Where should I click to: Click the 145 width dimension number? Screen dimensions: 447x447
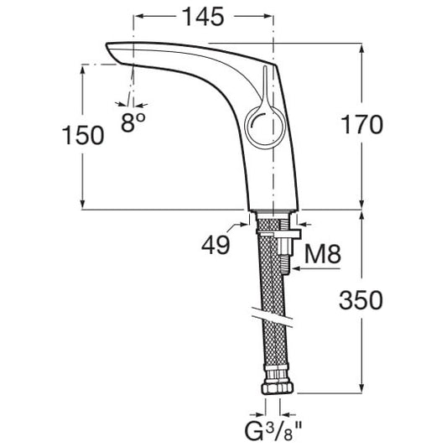tap(203, 17)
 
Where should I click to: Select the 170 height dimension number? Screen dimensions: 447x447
tap(361, 124)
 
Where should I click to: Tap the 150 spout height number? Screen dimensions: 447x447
tap(83, 135)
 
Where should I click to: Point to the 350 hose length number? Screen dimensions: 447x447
tap(361, 300)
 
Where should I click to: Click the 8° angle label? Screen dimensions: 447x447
tap(133, 122)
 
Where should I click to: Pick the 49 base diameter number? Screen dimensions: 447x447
tap(216, 245)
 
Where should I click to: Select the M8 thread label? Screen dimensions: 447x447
tap(322, 254)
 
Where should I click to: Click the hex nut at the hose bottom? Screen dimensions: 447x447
tap(278, 388)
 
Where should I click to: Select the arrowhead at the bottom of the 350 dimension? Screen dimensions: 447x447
tap(361, 388)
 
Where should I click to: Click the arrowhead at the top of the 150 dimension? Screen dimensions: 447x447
tap(83, 70)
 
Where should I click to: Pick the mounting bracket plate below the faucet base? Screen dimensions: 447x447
tap(278, 233)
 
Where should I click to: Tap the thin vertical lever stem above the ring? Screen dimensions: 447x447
tap(264, 83)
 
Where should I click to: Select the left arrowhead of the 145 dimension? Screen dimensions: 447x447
tap(139, 16)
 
